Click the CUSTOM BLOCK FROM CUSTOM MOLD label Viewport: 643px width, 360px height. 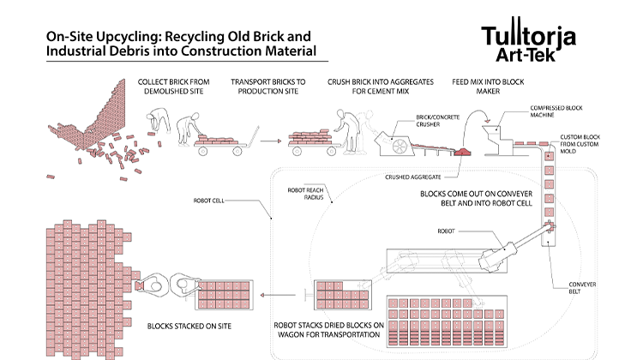[x=581, y=146]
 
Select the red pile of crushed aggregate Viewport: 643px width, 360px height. [x=464, y=152]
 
